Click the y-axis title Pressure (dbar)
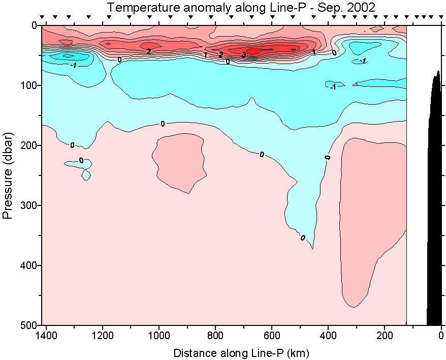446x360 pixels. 8,175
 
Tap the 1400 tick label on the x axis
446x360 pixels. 46,336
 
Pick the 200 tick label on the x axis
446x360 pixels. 385,336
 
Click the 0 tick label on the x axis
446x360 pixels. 441,336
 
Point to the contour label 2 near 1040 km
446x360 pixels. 148,51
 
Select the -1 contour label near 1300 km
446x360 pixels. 74,66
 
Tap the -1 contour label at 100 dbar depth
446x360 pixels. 333,87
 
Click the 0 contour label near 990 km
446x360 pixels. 163,124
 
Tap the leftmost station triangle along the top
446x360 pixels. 43,17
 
